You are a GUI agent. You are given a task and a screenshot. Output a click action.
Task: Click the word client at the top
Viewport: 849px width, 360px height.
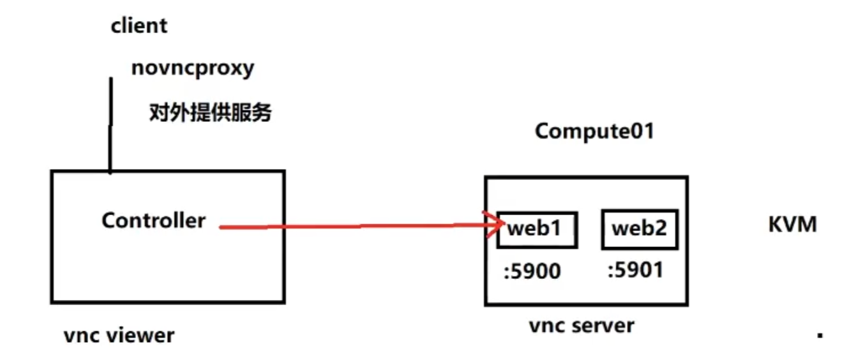coord(139,26)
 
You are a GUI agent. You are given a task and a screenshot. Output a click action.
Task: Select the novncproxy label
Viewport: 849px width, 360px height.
coord(192,68)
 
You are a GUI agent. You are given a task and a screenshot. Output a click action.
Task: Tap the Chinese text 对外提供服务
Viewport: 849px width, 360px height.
coord(210,113)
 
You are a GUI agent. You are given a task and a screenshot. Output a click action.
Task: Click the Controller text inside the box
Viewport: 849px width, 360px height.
coord(153,221)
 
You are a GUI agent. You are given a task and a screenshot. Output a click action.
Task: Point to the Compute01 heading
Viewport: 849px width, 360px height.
coord(594,131)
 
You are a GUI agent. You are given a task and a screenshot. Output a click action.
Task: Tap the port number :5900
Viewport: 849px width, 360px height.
coord(532,271)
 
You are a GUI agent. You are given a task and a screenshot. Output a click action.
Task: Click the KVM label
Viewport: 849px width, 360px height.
coord(792,225)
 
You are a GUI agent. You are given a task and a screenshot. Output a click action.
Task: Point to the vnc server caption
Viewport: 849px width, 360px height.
coord(581,326)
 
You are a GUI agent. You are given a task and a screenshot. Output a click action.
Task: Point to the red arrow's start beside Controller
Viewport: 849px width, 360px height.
coord(222,227)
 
